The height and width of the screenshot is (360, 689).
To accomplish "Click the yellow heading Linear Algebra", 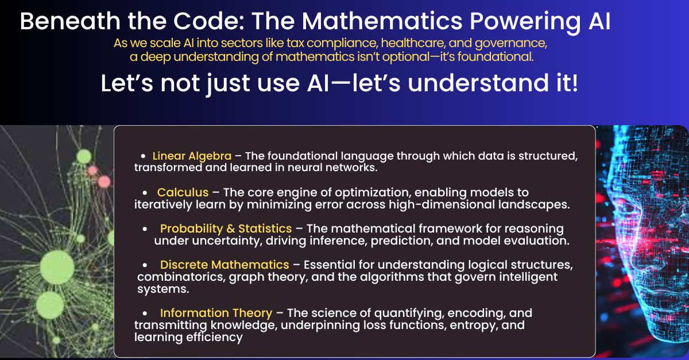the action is pos(192,156).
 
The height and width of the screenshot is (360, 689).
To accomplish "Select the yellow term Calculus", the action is pos(183,192).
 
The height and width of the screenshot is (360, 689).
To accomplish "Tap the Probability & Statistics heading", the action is pos(226,229).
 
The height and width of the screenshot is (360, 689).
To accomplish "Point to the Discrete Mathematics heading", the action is pos(224,265).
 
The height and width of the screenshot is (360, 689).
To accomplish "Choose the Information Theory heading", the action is pos(216,313).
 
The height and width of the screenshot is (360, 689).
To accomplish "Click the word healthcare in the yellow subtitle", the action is pos(413,43).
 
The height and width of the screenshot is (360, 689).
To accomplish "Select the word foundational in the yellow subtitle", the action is pos(495,57).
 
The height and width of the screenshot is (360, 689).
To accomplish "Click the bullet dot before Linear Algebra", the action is pos(143,156).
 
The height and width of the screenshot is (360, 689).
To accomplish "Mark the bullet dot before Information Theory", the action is pos(145,313).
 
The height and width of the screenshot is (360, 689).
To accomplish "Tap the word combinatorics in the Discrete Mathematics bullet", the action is pos(181,277).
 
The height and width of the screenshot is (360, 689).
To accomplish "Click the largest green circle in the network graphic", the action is pos(57,267).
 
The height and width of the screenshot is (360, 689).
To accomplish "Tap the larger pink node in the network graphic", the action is pos(104,182).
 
